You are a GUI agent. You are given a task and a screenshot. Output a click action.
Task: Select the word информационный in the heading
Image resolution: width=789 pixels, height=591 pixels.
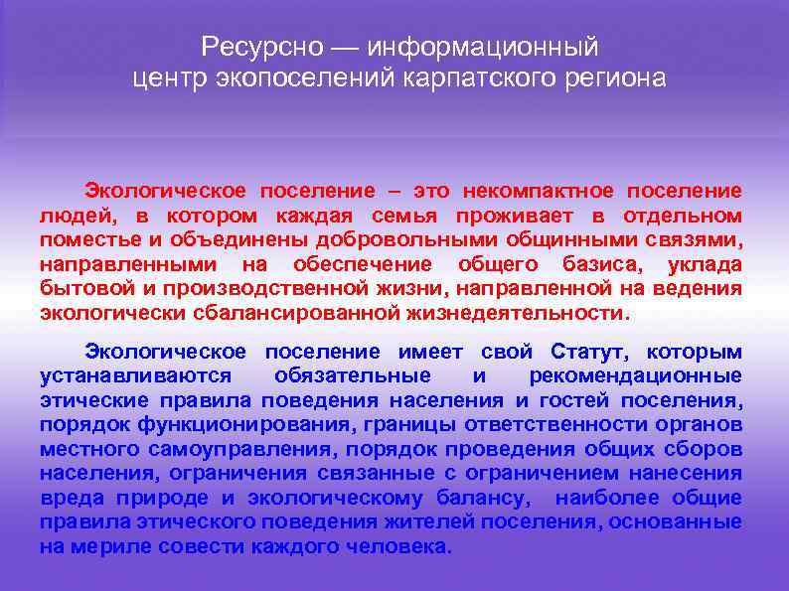click(482, 46)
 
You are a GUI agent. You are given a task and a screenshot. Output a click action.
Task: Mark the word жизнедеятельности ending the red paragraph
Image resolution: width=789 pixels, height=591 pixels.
click(516, 313)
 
